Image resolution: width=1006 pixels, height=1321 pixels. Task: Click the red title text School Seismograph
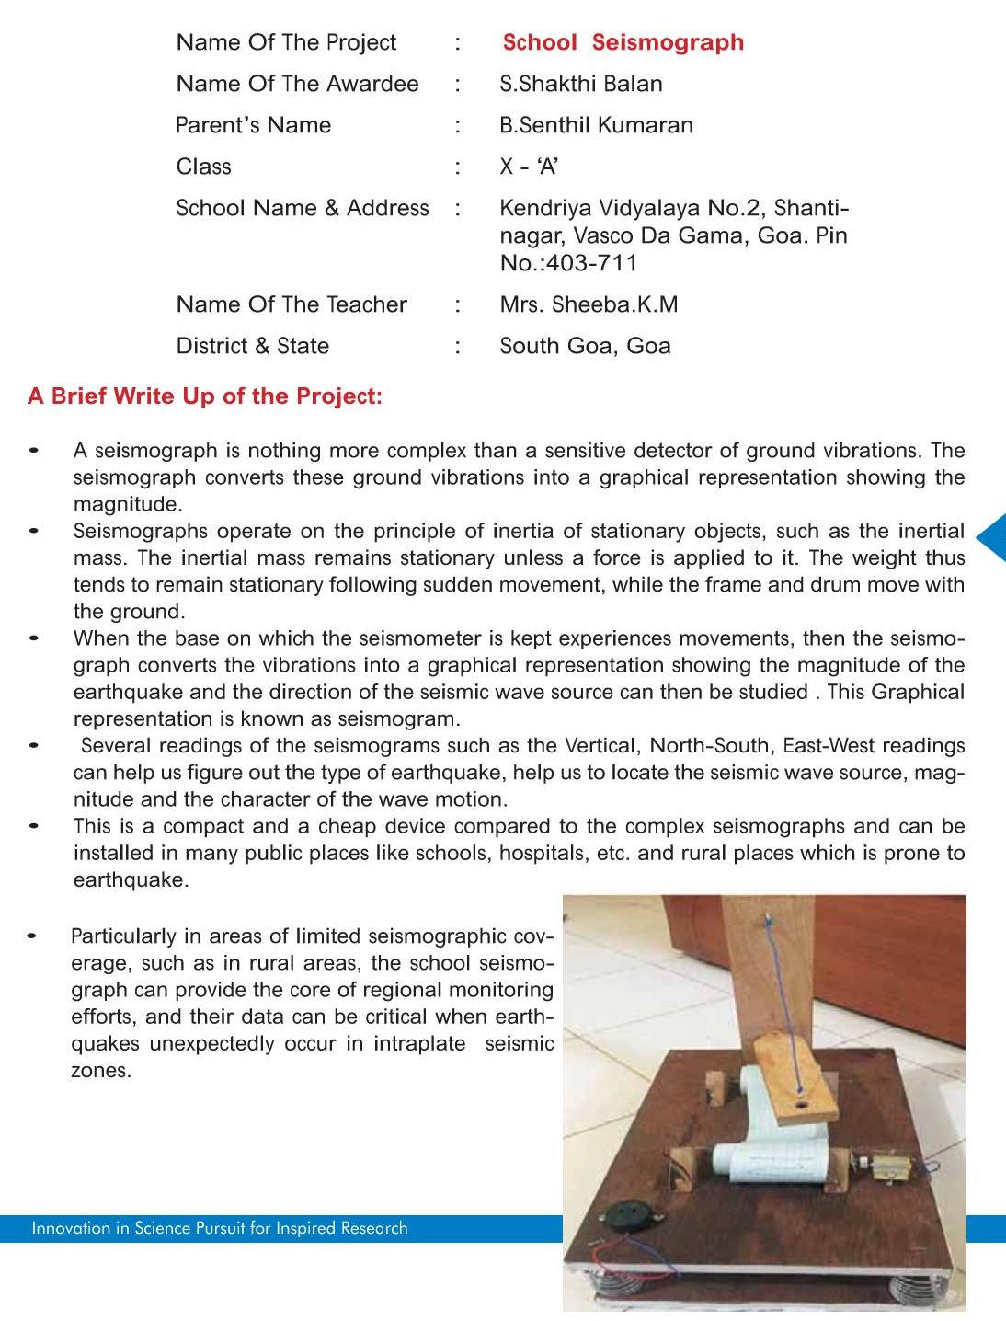click(623, 42)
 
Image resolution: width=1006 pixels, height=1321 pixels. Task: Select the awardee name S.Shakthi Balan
click(580, 84)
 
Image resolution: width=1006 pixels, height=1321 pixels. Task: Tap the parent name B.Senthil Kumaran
click(596, 125)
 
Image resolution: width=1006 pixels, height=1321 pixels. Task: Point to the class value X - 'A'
click(529, 167)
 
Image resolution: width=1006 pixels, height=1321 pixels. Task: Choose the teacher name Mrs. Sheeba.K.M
click(589, 304)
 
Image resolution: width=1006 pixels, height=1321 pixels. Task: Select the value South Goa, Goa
click(585, 346)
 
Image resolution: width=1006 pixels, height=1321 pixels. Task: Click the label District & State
click(253, 346)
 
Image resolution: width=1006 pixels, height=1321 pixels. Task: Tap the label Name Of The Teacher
click(292, 304)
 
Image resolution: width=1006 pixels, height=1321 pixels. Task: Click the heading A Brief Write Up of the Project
click(205, 396)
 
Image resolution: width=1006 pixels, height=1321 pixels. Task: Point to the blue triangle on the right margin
click(993, 538)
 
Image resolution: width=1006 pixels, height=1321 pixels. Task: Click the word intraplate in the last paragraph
click(419, 1043)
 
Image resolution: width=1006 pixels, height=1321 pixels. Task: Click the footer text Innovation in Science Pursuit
click(219, 1228)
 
